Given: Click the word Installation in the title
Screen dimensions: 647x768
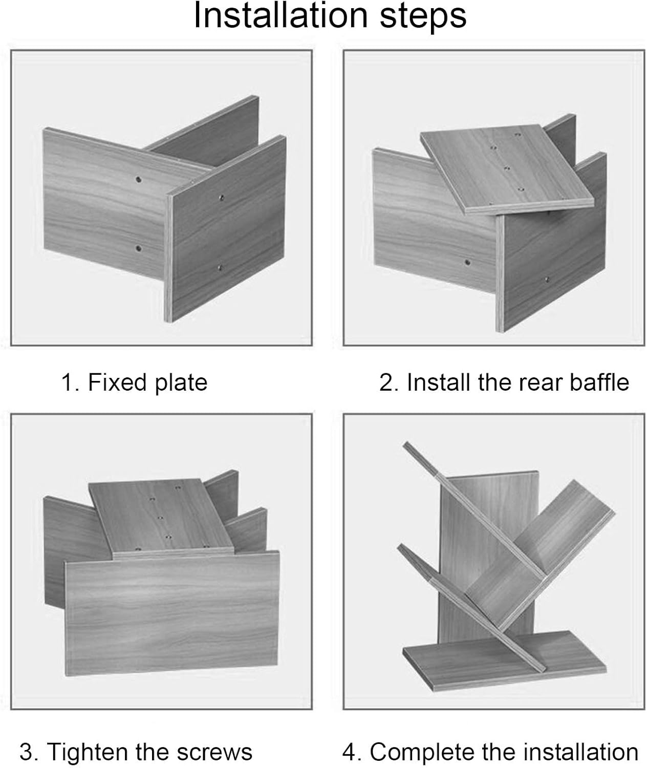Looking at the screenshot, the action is pos(281,15).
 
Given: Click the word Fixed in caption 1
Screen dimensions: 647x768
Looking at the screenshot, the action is pos(117,382).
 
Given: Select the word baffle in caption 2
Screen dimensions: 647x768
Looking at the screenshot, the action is pos(599,382).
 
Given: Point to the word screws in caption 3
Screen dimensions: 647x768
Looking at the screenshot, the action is pos(214,753).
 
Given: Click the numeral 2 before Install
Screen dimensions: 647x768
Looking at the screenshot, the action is pos(387,382).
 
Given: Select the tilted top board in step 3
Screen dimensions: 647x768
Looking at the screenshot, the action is pos(161,519).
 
